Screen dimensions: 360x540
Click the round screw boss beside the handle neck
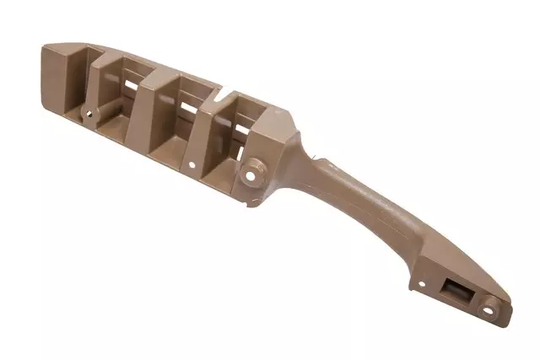pos(251,175)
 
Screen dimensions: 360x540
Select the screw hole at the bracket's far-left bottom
pos(87,110)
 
